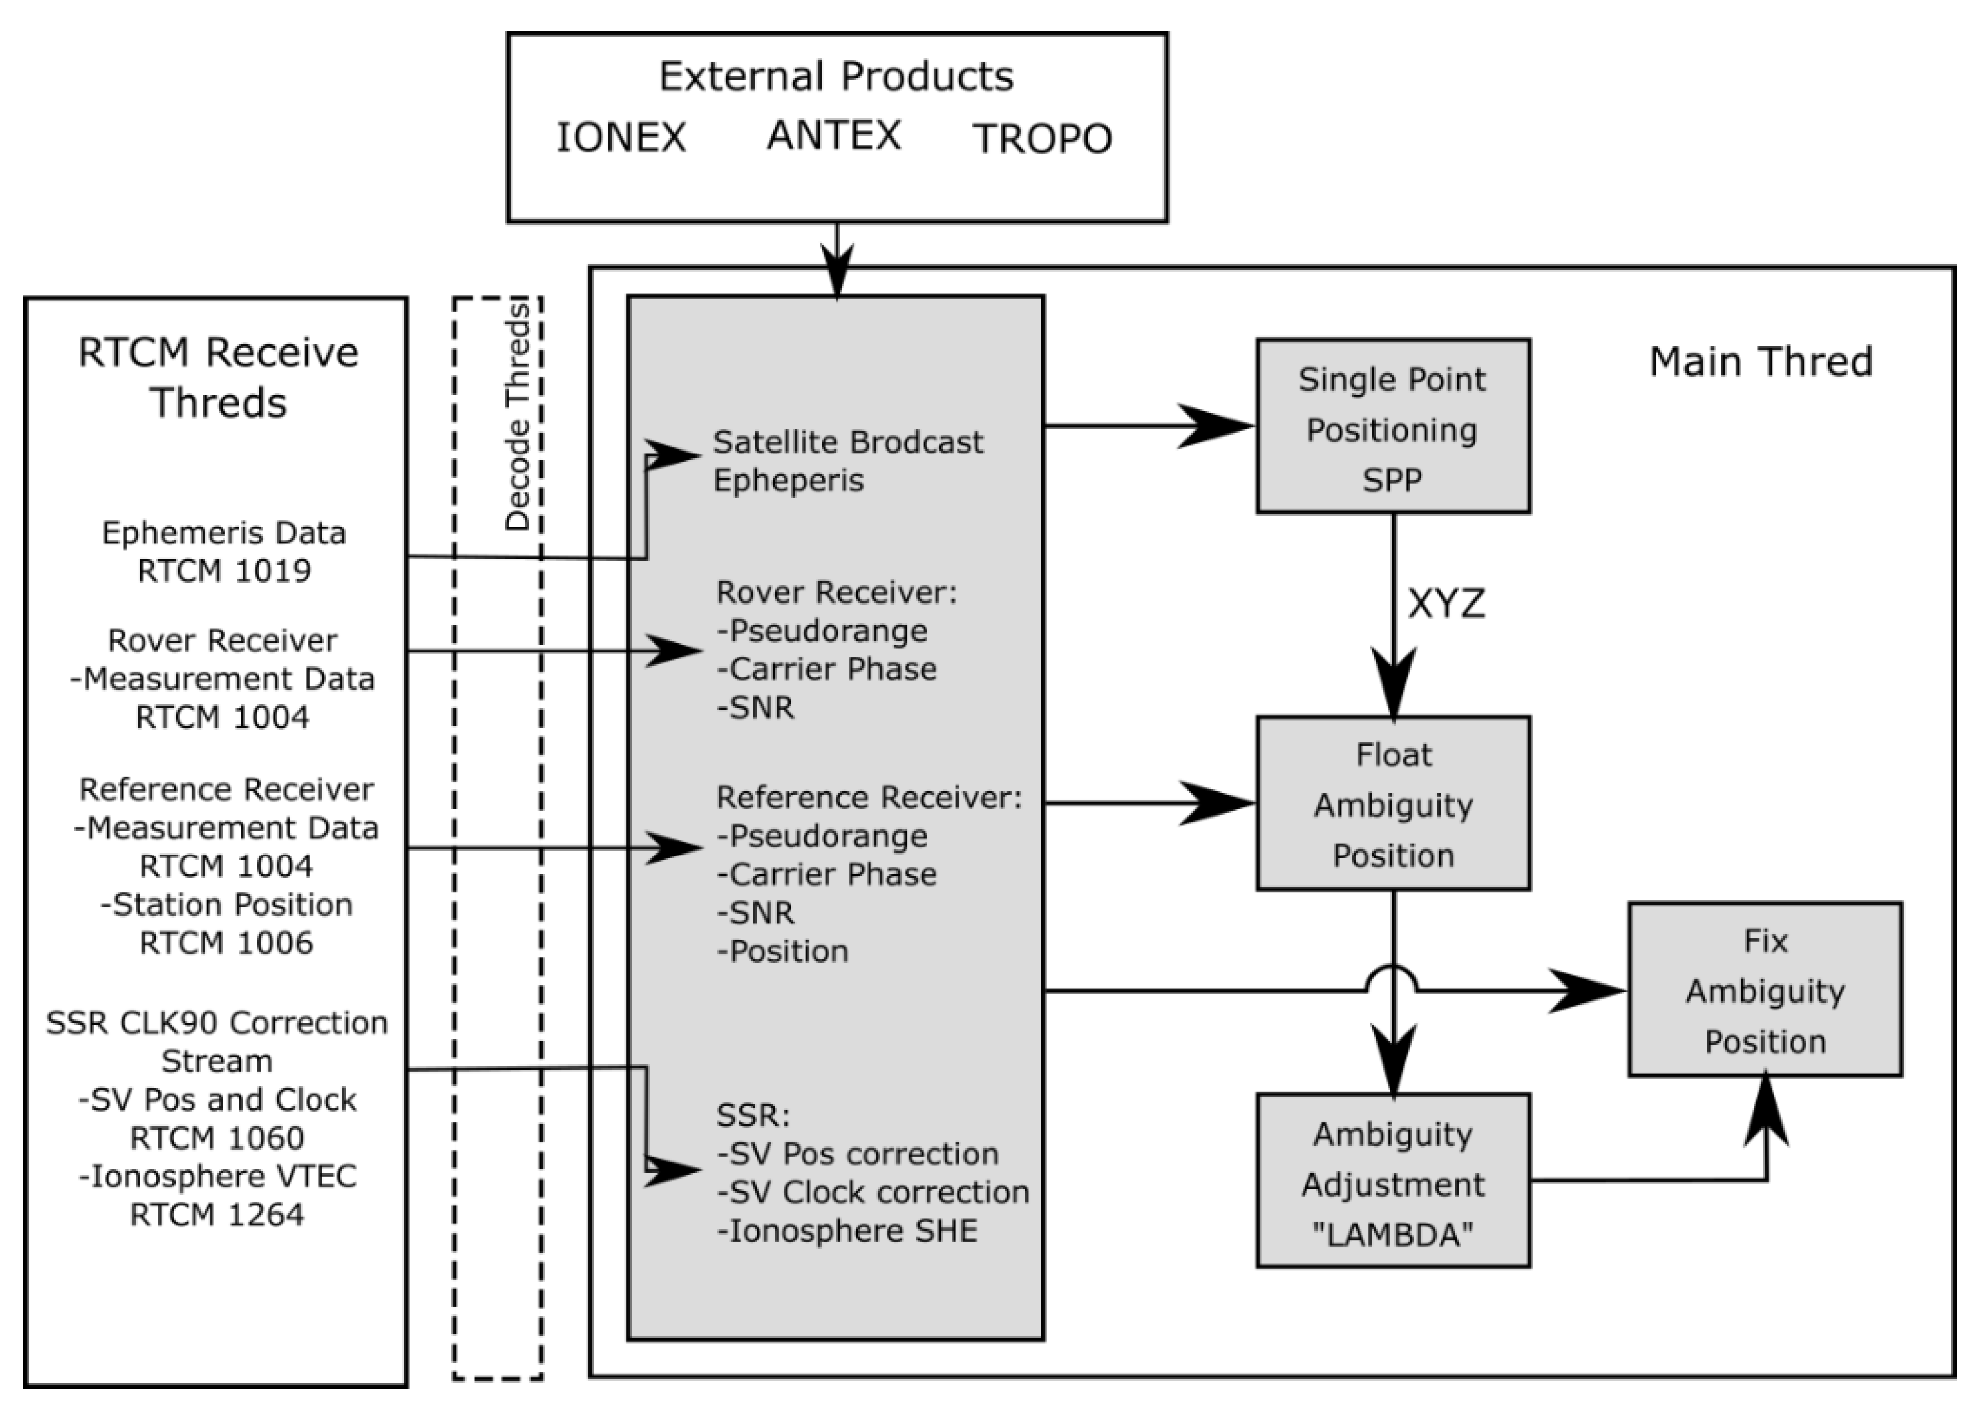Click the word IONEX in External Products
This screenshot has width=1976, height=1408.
(621, 138)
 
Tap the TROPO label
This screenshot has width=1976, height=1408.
(1042, 139)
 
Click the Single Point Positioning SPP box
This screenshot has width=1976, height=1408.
(1392, 427)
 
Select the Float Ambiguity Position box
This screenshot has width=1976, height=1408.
(1392, 804)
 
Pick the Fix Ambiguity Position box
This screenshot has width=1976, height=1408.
(1765, 990)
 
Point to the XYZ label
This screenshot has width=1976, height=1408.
(1446, 603)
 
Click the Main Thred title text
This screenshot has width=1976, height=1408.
(1760, 361)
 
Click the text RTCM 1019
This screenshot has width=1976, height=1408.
(224, 571)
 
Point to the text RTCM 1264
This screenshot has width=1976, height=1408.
(217, 1215)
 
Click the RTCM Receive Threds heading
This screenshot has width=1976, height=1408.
(217, 378)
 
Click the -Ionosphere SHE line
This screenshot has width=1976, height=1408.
(846, 1231)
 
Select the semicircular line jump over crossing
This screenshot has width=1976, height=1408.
(1392, 978)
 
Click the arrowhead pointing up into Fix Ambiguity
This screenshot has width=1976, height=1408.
(1765, 1106)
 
